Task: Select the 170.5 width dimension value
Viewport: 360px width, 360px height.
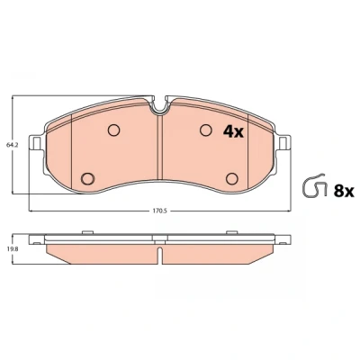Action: [160, 211]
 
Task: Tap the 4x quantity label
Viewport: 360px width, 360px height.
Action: [233, 131]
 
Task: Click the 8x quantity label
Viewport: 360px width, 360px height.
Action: [344, 191]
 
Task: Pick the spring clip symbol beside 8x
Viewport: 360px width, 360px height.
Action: [314, 185]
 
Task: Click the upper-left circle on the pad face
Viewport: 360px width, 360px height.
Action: [113, 130]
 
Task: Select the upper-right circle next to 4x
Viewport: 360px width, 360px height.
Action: [206, 130]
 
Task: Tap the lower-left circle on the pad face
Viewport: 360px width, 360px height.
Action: [87, 179]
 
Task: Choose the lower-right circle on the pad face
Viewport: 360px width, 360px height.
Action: [232, 179]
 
